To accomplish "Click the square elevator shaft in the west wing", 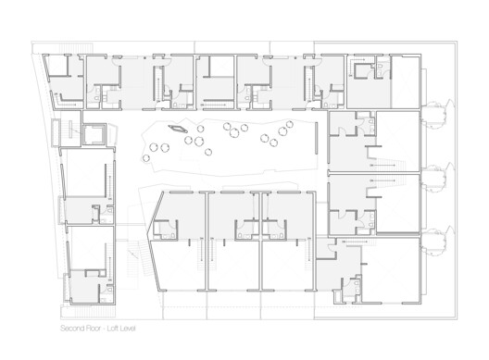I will (94, 134).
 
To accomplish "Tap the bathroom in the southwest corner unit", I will (92, 278).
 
